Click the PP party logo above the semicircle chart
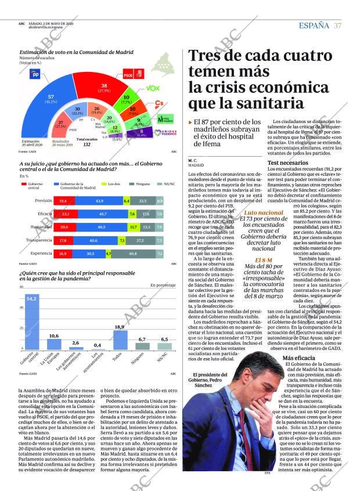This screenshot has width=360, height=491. [x=34, y=74]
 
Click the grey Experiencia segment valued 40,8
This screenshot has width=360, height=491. [x=133, y=254]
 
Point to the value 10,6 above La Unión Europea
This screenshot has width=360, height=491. [x=53, y=336]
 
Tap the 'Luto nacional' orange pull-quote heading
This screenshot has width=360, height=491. [x=247, y=214]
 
